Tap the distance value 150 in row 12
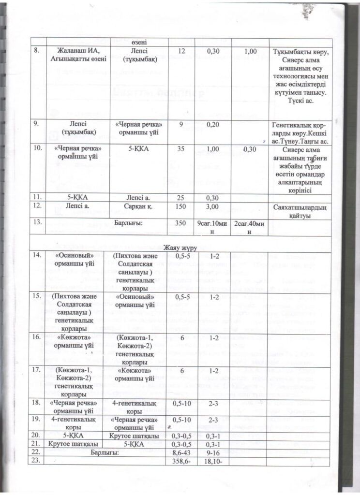click(181, 206)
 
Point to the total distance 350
click(181, 223)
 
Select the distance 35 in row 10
click(181, 150)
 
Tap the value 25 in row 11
click(181, 197)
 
